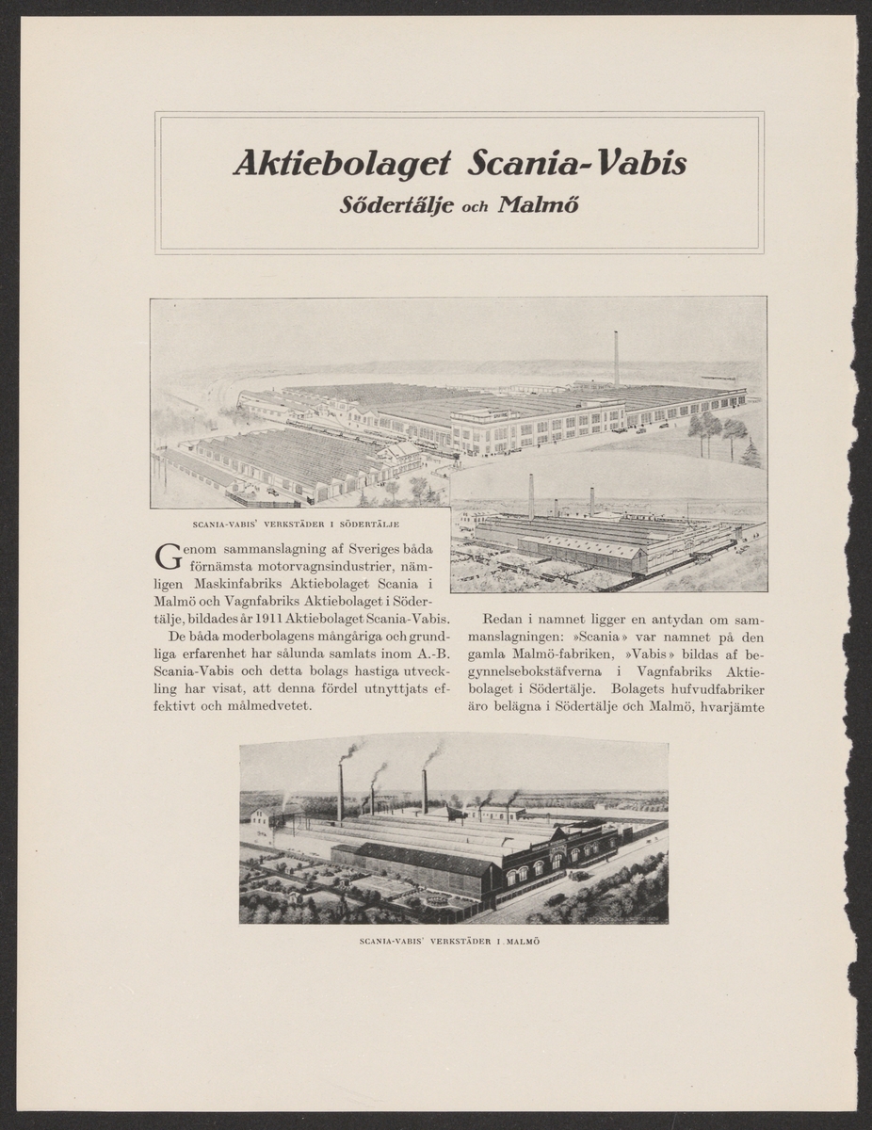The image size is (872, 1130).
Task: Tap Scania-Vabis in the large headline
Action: click(x=576, y=164)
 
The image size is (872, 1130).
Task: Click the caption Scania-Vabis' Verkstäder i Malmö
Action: click(x=454, y=941)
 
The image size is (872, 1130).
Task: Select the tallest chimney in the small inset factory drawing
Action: click(x=530, y=496)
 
